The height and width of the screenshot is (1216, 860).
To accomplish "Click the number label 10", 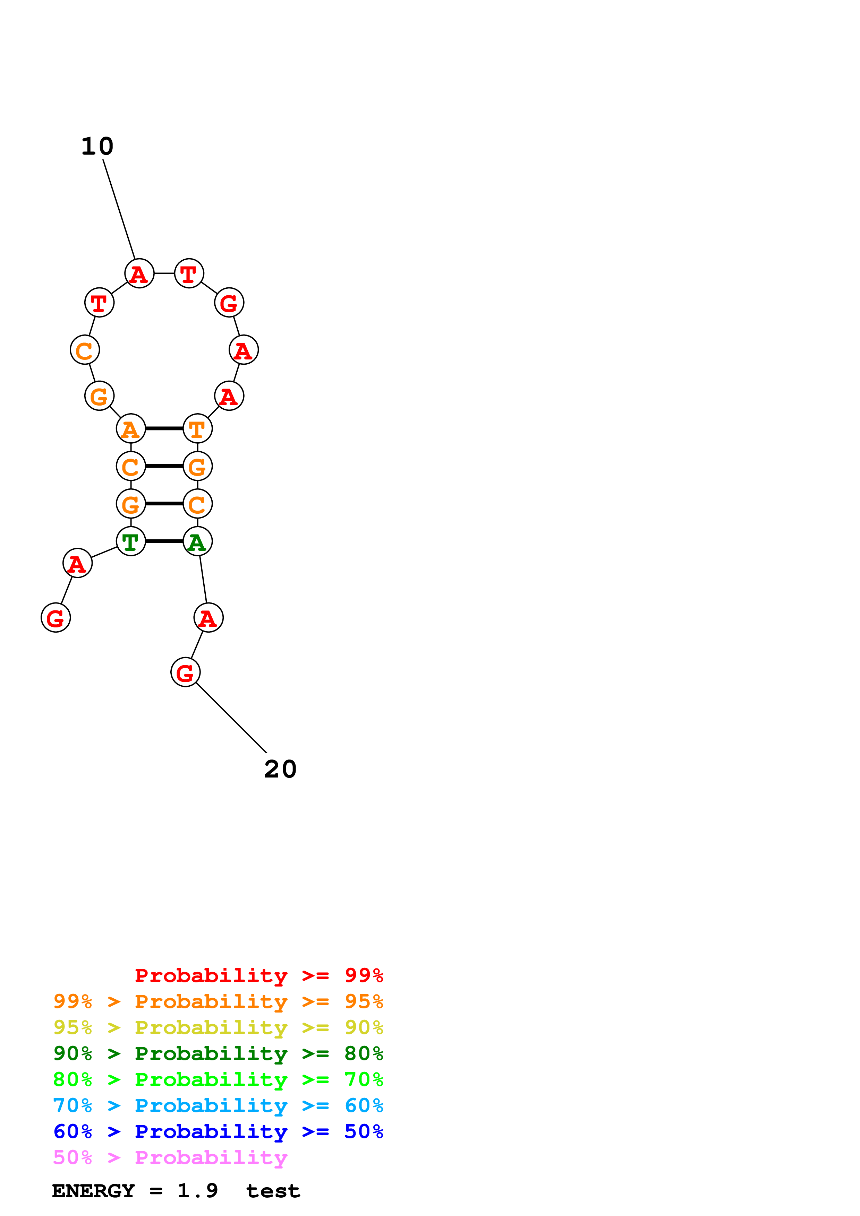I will click(97, 146).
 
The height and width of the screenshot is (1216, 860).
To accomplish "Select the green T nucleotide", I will click(131, 541).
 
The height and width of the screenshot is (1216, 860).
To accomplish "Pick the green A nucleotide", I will click(198, 541).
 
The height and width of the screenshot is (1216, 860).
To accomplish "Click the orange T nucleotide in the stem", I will click(198, 428).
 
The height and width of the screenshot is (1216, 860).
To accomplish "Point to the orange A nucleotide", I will click(131, 428).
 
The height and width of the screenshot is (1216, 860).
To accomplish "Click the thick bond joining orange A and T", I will click(164, 428).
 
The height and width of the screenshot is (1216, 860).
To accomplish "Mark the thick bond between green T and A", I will click(164, 541).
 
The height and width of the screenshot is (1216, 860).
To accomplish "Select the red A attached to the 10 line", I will click(139, 273).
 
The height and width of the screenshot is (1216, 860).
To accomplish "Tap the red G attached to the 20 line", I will click(186, 672).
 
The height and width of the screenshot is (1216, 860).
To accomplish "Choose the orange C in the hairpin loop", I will click(85, 350).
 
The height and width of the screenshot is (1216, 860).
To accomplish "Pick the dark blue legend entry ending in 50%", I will click(218, 1131).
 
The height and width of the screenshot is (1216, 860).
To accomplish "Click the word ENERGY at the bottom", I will click(93, 1191).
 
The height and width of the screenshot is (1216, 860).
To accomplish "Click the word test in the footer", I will click(273, 1191).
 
